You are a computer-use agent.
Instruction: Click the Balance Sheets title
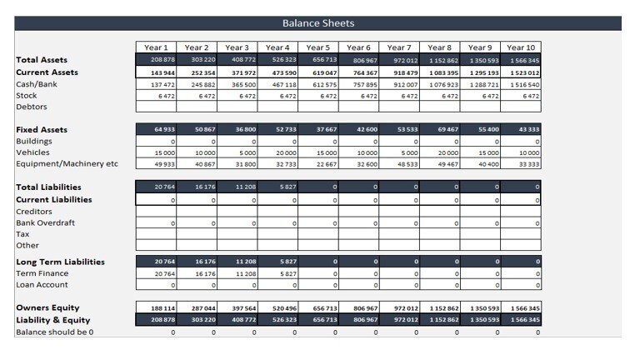coord(318,23)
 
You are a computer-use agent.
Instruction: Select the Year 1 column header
coord(156,47)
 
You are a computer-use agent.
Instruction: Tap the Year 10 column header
coord(521,47)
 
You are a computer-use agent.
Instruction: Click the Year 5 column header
coord(317,47)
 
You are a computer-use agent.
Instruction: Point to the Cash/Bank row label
coord(37,84)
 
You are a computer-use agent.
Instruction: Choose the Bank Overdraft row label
coord(46,223)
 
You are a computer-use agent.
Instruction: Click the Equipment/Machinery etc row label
coord(66,164)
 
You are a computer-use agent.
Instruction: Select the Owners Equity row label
coord(48,308)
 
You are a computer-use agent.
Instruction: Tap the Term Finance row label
coord(42,273)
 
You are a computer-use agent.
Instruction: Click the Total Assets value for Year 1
coord(156,60)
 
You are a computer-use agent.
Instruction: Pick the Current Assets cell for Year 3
coord(237,72)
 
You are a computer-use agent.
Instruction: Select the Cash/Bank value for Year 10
coord(521,84)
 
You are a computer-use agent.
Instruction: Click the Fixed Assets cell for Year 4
coord(277,130)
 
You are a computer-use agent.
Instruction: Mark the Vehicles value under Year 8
coord(440,153)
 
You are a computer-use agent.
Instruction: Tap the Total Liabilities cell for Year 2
coord(197,187)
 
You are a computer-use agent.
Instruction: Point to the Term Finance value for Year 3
coord(237,273)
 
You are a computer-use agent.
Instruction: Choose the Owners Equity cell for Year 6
coord(358,308)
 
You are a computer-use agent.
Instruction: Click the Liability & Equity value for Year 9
coord(481,320)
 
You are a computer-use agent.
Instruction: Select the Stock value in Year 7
coord(399,96)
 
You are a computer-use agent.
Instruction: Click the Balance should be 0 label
coord(55,332)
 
